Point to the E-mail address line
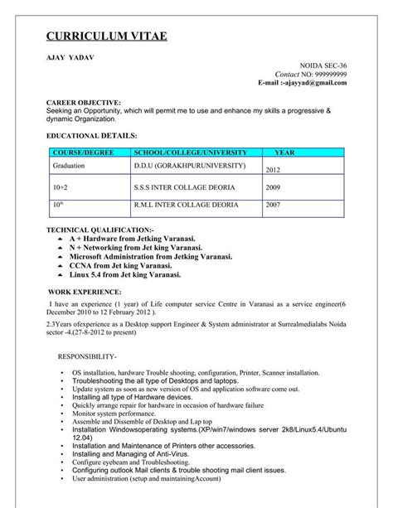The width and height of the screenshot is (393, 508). coord(302,83)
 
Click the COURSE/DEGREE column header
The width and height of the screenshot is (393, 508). coord(82,153)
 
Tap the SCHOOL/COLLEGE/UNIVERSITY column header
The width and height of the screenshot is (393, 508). coord(190,153)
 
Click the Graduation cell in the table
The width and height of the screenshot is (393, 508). coord(70,166)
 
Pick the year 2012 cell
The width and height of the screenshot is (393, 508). coord(274,170)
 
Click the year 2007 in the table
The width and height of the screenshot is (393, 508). coord(273,205)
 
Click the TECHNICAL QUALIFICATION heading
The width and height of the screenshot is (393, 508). coord(99,228)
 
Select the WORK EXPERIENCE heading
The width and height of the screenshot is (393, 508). coord(85,293)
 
